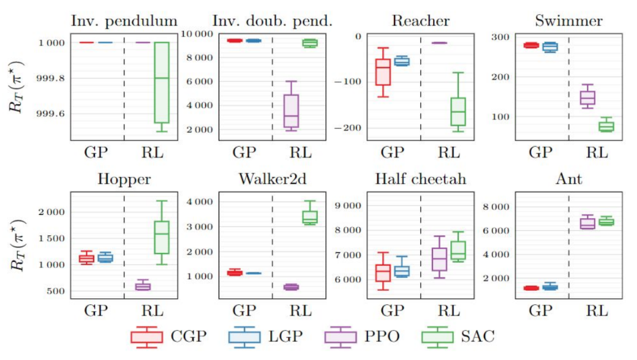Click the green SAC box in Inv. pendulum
[x=162, y=83]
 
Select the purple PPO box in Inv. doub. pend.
[x=291, y=111]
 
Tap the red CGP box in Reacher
[x=383, y=72]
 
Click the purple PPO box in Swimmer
[x=587, y=98]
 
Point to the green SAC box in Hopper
[x=162, y=236]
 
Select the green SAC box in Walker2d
[x=310, y=217]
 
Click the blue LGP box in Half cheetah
[x=402, y=271]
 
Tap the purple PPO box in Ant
[x=587, y=223]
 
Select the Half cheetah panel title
[x=420, y=179]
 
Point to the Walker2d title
[x=272, y=179]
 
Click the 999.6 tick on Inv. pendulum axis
[x=51, y=114]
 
